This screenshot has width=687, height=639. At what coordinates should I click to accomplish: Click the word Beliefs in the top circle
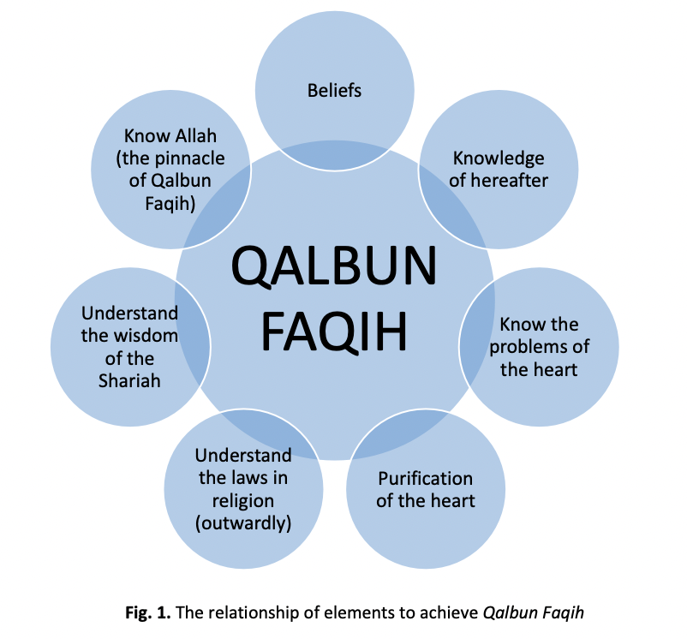point(334,90)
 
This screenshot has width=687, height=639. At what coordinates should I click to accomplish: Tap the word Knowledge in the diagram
point(499,158)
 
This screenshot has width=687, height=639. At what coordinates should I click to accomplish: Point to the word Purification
point(425,478)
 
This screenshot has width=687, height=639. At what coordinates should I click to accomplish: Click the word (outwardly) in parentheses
point(243,522)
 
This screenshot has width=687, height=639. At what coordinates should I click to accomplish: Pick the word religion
point(243,499)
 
